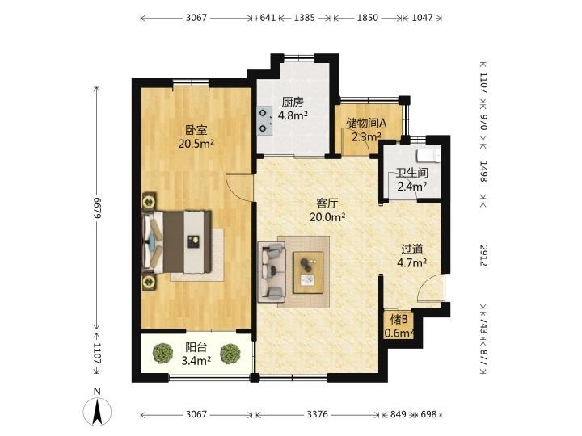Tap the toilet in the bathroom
click(428, 156)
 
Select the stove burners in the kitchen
click(264, 120)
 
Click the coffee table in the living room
click(308, 273)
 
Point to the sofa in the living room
click(272, 272)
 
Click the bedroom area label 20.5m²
click(196, 144)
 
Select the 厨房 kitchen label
click(293, 102)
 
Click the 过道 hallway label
click(412, 249)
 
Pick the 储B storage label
click(399, 319)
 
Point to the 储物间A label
click(367, 123)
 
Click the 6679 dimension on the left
click(97, 208)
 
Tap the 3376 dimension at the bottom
click(318, 414)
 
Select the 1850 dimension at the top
click(368, 18)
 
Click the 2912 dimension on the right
click(483, 255)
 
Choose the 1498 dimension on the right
click(483, 171)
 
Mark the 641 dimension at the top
click(268, 18)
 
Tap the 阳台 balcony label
click(196, 347)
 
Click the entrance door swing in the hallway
click(431, 288)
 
